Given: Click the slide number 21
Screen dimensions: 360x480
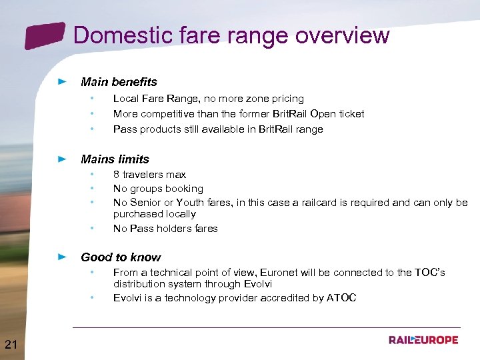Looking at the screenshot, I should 11,344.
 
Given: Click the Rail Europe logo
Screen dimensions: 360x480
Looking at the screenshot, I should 423,340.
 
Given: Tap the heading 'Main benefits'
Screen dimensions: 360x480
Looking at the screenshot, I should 119,82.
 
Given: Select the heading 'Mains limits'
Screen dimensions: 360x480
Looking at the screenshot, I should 115,159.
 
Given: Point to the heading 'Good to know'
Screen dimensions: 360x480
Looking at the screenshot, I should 121,257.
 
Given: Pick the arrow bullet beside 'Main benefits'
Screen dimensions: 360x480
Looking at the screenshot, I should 62,82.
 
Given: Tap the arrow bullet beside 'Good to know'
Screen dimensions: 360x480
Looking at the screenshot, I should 62,257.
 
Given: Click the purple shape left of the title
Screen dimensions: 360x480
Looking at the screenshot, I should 45,35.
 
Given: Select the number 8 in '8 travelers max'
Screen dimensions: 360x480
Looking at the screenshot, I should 116,175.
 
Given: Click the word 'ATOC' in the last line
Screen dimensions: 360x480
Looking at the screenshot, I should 341,298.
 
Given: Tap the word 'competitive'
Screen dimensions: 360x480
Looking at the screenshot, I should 167,114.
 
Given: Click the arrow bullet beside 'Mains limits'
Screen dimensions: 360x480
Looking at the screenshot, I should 62,159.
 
